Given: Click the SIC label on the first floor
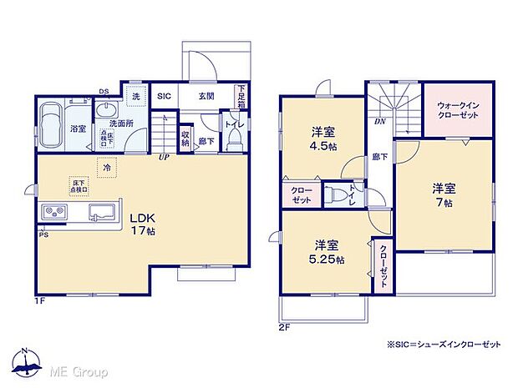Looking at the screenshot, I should pyautogui.click(x=165, y=96).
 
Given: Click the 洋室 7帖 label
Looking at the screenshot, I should pyautogui.click(x=443, y=194).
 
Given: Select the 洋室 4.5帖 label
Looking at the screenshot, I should pyautogui.click(x=324, y=139).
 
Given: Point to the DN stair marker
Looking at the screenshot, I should pyautogui.click(x=380, y=121).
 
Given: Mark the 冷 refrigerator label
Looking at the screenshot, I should pyautogui.click(x=107, y=167).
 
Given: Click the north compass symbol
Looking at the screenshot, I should pyautogui.click(x=27, y=359).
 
